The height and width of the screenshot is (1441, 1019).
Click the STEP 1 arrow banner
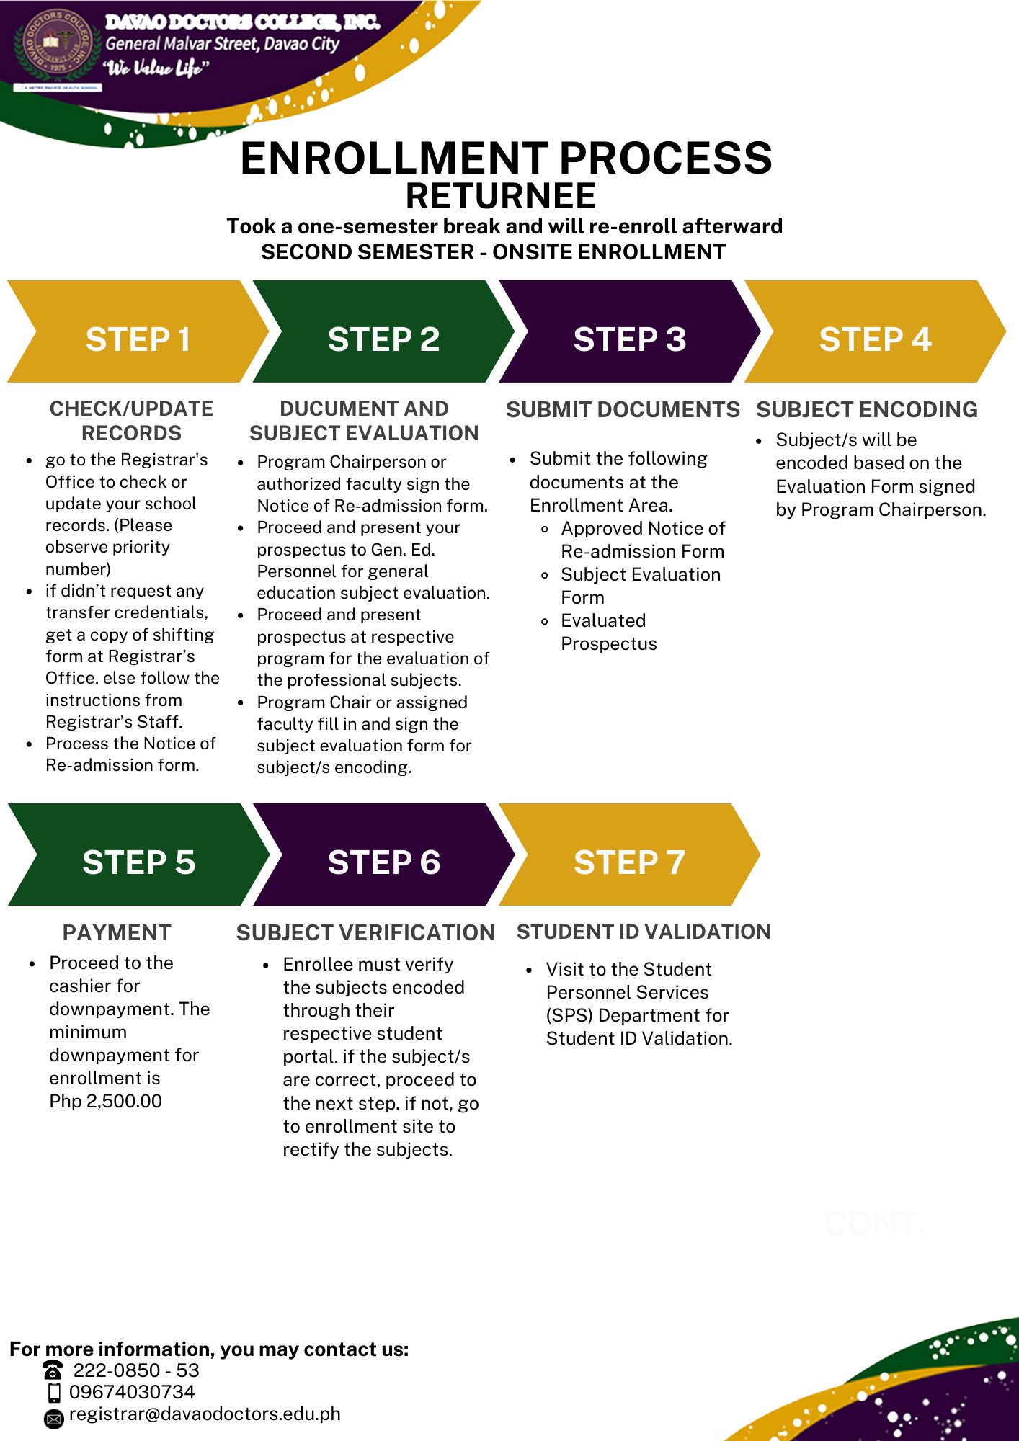coord(138,331)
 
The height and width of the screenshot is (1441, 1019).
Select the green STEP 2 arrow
coord(383,331)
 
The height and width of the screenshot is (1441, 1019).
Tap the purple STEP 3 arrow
coord(629,331)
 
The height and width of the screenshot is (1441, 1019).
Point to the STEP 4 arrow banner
coord(875,331)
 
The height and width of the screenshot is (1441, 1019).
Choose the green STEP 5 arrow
coord(138,855)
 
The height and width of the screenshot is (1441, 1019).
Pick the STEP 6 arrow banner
coord(383,855)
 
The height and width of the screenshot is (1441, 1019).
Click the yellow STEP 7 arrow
coord(629,855)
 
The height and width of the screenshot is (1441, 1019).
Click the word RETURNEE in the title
coord(501,196)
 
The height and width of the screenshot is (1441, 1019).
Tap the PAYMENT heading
coord(117,932)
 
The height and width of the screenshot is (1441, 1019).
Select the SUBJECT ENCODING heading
coord(867,409)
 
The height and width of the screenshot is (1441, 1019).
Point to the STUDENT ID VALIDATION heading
coord(644,932)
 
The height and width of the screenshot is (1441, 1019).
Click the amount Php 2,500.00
coord(106,1101)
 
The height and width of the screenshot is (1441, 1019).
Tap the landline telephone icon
coord(53,1369)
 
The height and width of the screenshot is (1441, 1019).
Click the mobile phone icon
coord(54,1392)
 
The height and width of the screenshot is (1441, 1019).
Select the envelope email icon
coord(54,1419)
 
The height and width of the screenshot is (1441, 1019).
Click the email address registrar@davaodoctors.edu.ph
coord(205,1414)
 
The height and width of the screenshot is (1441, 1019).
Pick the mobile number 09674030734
coord(132,1392)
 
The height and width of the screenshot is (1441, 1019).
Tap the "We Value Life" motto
coord(156,68)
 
